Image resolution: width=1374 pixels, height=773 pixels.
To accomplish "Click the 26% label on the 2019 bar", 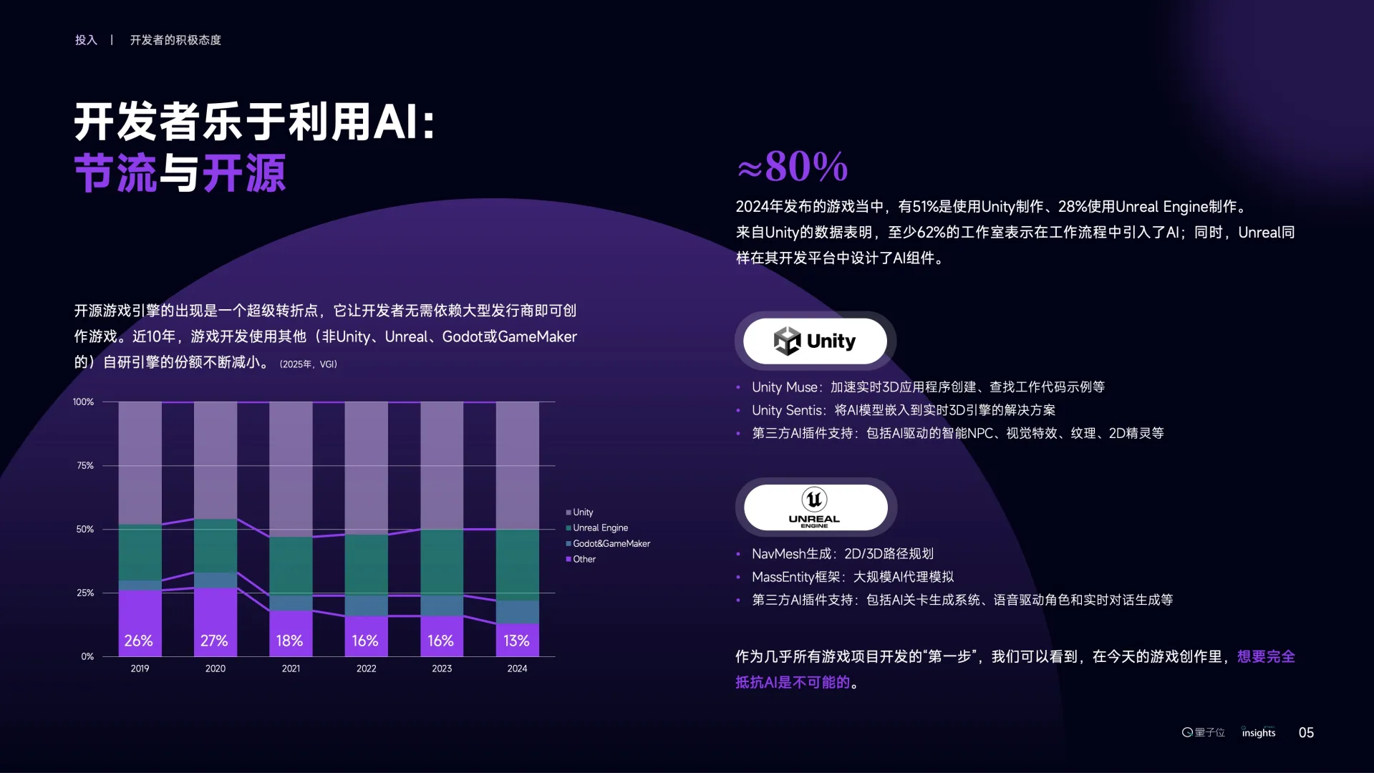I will pos(138,641).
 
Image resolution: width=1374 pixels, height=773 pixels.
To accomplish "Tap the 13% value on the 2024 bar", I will pos(516,641).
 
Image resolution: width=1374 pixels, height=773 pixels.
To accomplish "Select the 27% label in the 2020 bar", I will pos(214,641).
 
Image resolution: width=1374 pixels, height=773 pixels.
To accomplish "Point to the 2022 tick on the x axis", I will pos(366,669).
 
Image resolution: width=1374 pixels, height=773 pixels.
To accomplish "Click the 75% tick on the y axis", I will pos(85,466).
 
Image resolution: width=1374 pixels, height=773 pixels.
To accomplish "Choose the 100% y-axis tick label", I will pos(83,402).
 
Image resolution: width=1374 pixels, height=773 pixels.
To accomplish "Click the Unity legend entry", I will pos(582,512).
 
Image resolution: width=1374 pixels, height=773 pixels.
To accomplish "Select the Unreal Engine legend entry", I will pos(599,528).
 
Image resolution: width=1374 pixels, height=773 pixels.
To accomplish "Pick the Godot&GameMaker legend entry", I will pos(611,544).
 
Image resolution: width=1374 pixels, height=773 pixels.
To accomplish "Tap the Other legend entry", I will pos(584,560).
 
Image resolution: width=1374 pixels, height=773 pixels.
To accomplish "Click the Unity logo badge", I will pos(815,341).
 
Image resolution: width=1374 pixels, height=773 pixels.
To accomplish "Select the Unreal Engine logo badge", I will pos(815,507).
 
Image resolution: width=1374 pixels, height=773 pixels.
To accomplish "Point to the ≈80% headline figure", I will pos(793,167).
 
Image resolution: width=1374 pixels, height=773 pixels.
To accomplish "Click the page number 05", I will pos(1306,733).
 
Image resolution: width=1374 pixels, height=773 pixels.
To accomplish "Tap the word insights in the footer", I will pos(1259,733).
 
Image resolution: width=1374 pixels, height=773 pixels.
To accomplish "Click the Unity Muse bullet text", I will pos(927,387).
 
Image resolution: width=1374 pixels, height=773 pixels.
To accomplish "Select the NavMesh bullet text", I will pos(842,554).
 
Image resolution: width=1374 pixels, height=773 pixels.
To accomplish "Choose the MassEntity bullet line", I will pos(852,577).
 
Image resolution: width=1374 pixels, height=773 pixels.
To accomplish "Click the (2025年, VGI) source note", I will pos(308,364).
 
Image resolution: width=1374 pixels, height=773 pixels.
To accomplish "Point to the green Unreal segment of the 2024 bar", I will pos(517,565).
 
